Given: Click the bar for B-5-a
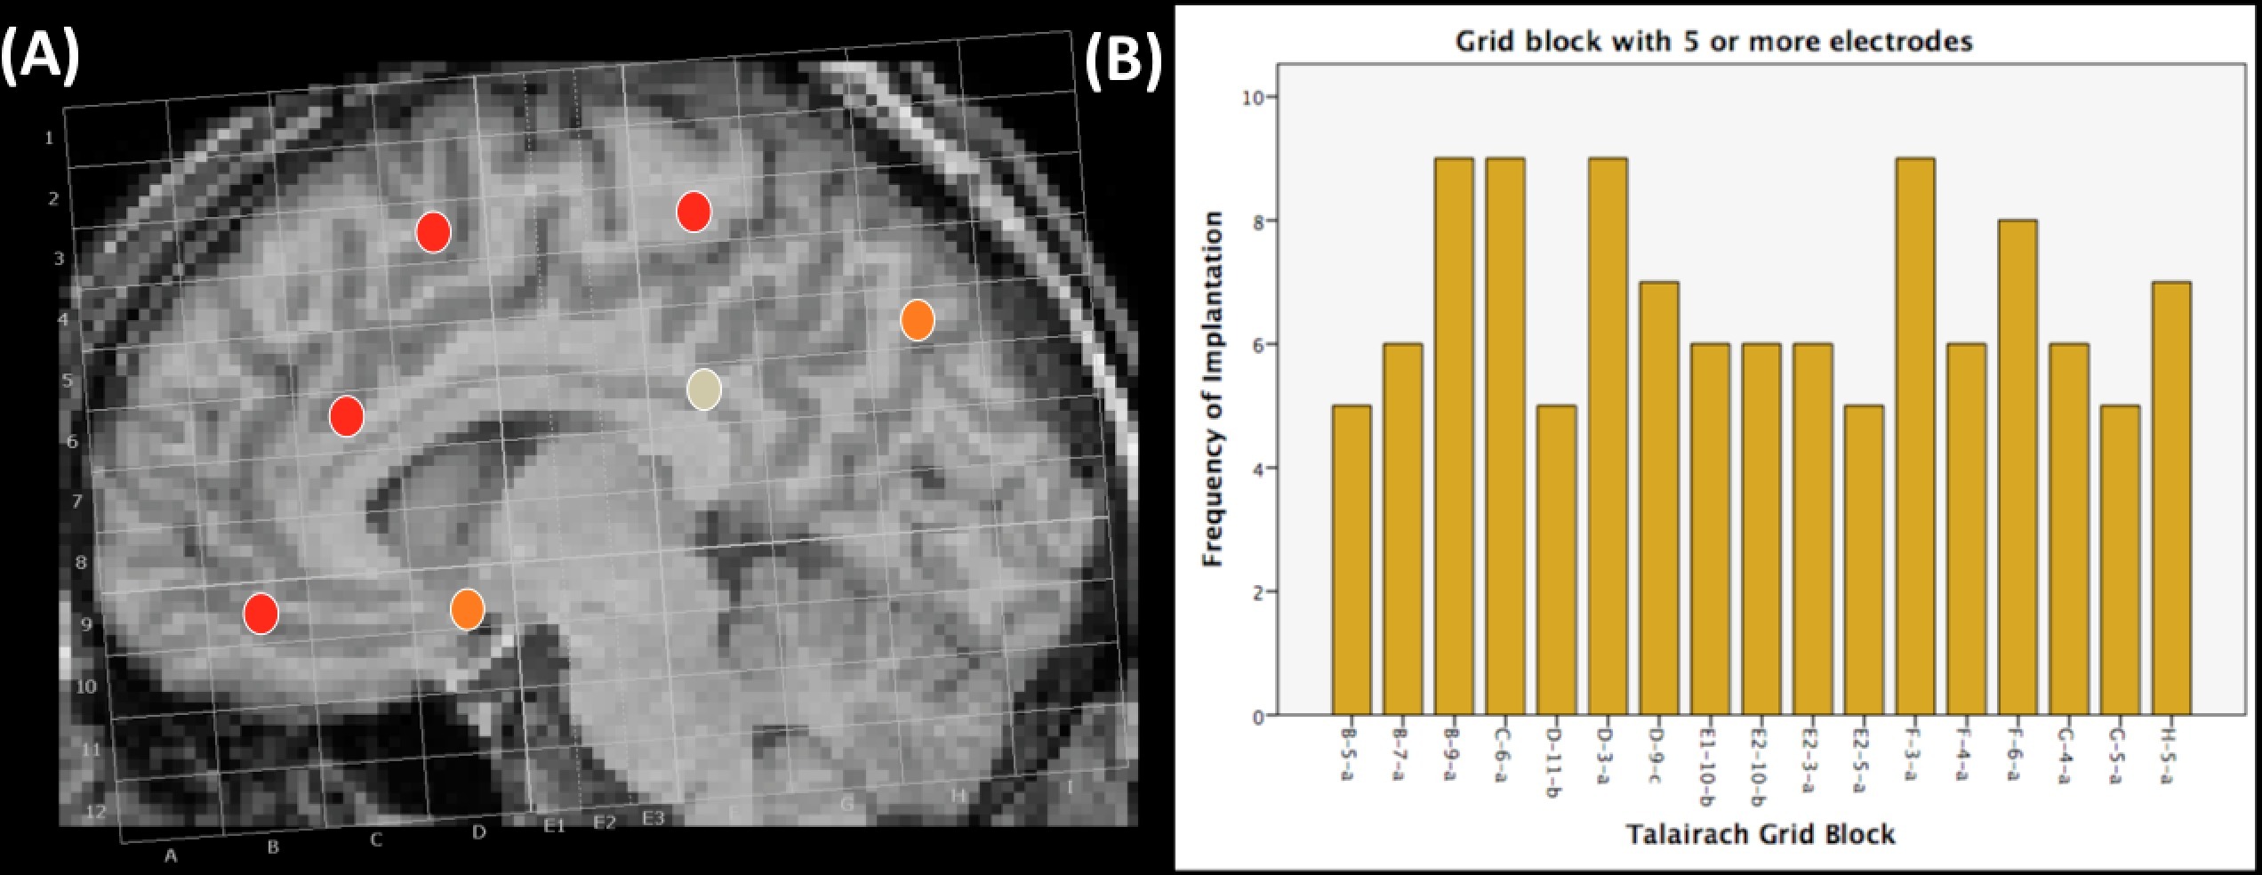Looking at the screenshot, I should tap(1352, 559).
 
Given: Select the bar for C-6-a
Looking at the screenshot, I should tap(1505, 436).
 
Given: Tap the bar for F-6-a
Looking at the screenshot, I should tap(2017, 467).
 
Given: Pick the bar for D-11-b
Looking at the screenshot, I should tap(1556, 559).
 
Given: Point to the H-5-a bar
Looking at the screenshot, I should tap(2171, 498).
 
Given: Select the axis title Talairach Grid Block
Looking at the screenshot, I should tap(1761, 834).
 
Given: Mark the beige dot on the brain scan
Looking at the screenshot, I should tap(704, 389).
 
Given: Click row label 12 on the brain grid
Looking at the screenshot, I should tap(96, 811).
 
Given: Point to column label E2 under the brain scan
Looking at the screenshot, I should tap(605, 823).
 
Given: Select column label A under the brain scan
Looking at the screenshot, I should tap(171, 855).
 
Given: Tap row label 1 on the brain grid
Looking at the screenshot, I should tap(50, 138).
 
